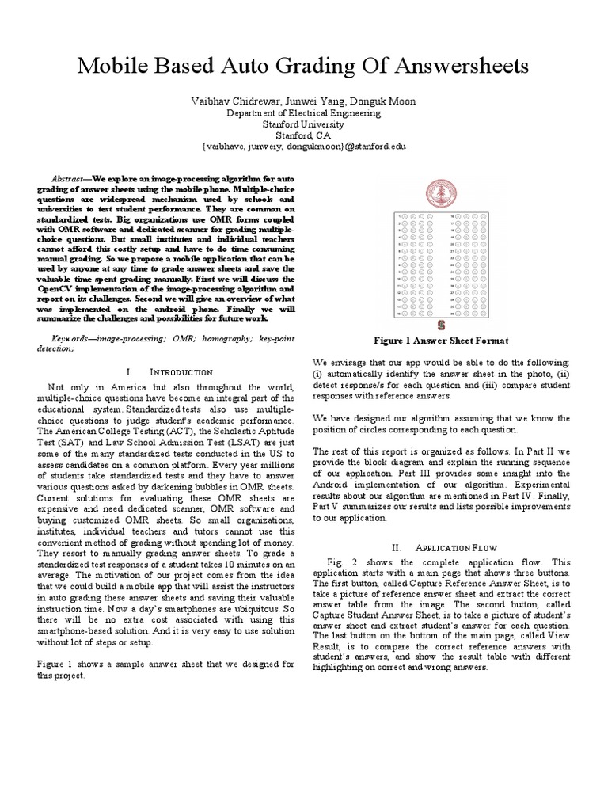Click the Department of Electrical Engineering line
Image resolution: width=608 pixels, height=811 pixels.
[x=304, y=113]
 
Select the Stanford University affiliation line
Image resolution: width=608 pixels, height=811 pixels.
[x=304, y=124]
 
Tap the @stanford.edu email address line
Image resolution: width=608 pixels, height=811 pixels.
[x=304, y=147]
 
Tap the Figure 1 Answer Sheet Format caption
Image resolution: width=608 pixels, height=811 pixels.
[x=441, y=340]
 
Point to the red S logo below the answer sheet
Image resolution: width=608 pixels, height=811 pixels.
[x=441, y=325]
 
